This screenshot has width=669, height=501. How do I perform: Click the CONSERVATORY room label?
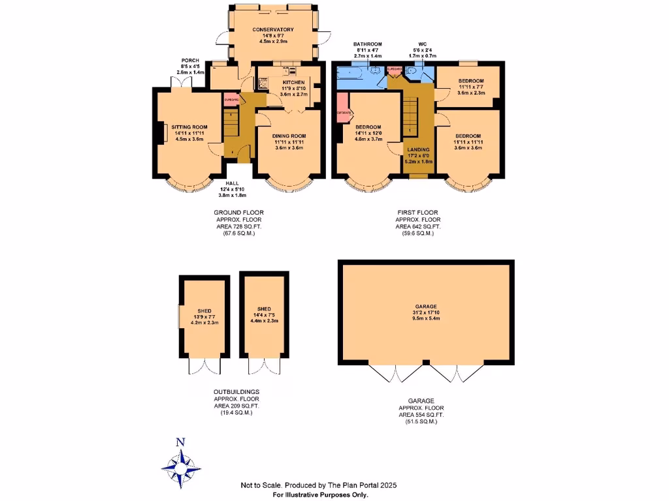pyautogui.click(x=273, y=29)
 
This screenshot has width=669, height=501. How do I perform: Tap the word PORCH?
pyautogui.click(x=190, y=61)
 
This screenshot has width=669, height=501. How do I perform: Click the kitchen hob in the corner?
pyautogui.click(x=263, y=83)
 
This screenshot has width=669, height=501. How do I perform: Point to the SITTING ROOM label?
pyautogui.click(x=189, y=127)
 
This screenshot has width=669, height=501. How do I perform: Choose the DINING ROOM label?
pyautogui.click(x=289, y=136)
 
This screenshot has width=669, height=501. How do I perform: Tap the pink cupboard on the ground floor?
pyautogui.click(x=230, y=100)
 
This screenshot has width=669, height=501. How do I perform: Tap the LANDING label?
pyautogui.click(x=418, y=149)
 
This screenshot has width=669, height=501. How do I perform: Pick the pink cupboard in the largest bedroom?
pyautogui.click(x=344, y=112)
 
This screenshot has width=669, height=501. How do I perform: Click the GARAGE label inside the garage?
pyautogui.click(x=425, y=306)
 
